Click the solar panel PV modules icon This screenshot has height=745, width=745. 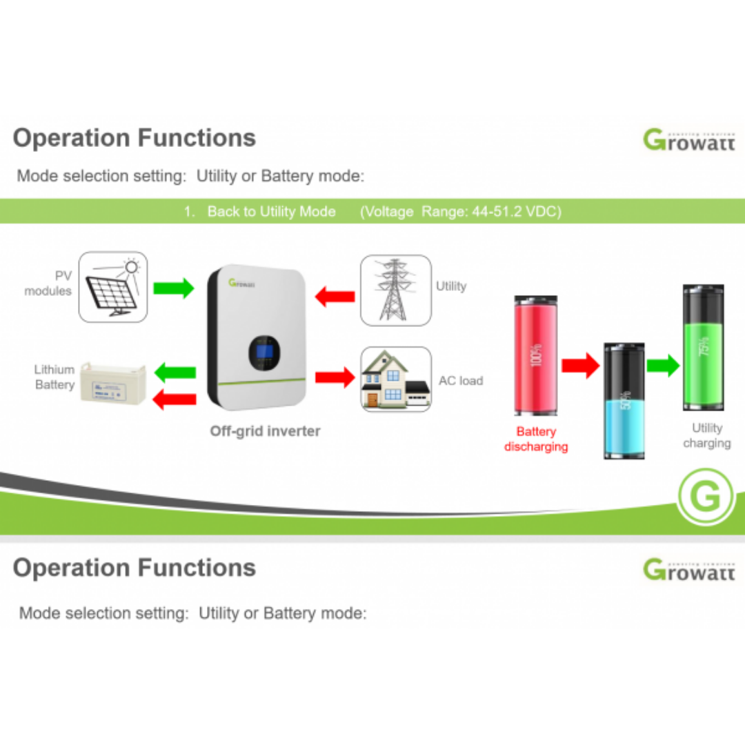click(113, 287)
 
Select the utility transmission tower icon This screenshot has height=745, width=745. click(396, 290)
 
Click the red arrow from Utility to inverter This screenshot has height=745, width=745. click(335, 297)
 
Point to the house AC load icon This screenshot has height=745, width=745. click(397, 380)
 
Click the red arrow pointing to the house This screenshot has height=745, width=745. click(335, 377)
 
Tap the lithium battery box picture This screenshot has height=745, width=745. click(113, 384)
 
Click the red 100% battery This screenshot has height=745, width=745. click(536, 355)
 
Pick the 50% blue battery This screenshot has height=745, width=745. click(624, 401)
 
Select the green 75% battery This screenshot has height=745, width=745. click(703, 347)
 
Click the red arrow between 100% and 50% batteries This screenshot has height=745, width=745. click(580, 365)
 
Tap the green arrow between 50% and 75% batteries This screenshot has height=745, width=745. click(664, 365)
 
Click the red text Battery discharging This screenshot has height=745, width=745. click(536, 439)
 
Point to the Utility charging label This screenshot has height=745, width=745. click(706, 435)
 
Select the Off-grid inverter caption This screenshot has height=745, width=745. click(265, 431)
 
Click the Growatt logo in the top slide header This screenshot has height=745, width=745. click(688, 139)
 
